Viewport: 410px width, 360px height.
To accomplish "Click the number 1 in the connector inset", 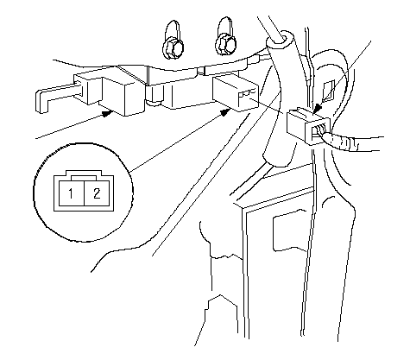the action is tap(71, 193).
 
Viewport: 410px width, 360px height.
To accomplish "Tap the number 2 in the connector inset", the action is tap(97, 193).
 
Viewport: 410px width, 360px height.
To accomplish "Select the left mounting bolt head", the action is tap(173, 48).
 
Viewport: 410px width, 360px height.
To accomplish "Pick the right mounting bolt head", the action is tap(226, 46).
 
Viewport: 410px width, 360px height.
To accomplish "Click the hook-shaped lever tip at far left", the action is tap(43, 101).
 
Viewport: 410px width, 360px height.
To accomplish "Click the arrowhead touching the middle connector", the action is tap(226, 112).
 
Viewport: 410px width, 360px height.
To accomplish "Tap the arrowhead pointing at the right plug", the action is tap(317, 110).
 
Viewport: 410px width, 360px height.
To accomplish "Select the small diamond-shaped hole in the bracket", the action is tap(328, 91).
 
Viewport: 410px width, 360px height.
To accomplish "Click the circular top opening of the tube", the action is tap(279, 40).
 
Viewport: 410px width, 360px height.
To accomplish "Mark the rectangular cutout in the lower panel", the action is tap(289, 231).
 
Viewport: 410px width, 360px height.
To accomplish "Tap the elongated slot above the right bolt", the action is tap(226, 27).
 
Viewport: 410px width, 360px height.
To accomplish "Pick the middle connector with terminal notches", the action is tap(236, 92).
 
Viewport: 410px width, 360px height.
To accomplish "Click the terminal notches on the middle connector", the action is tap(248, 93).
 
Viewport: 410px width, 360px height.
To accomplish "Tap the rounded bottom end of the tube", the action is tap(277, 160).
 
